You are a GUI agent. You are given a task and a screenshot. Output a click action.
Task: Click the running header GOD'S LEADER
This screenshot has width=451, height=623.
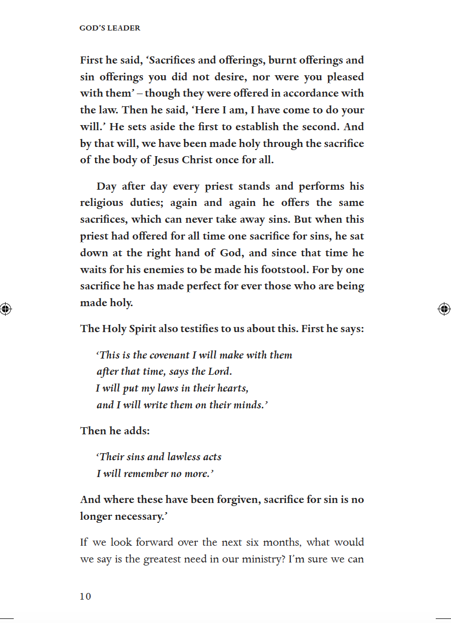tap(110, 28)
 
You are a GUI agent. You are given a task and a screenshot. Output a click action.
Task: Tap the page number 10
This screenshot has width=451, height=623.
tap(85, 597)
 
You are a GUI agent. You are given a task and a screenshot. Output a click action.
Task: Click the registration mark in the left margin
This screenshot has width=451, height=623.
tap(6, 308)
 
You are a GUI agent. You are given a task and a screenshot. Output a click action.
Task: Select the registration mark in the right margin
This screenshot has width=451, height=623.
tap(444, 308)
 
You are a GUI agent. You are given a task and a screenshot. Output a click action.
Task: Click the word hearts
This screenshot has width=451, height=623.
tap(232, 389)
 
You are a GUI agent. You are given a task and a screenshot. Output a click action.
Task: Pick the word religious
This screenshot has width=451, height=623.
tap(102, 202)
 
